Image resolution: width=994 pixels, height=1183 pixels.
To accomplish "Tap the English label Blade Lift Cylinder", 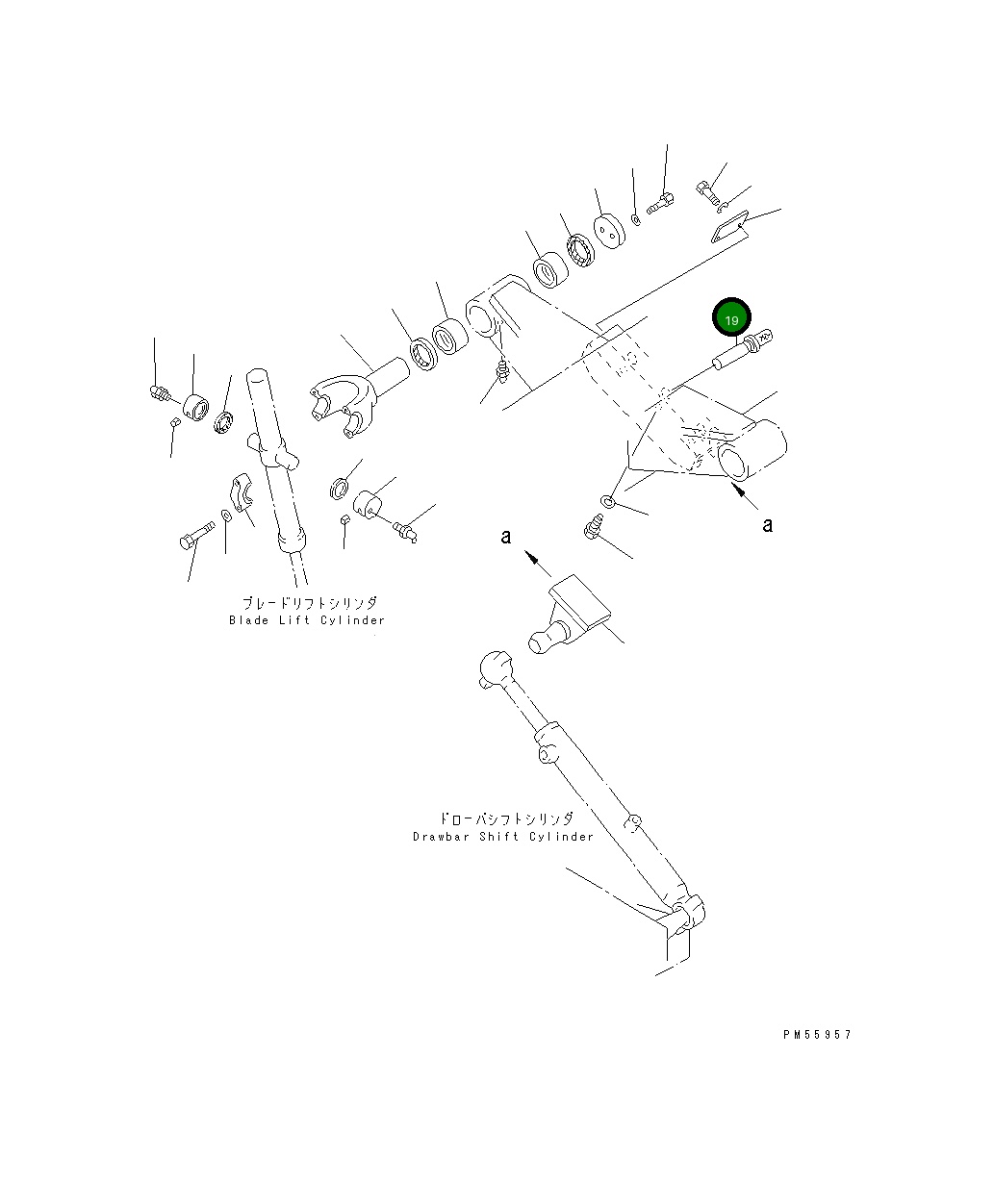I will click(306, 620).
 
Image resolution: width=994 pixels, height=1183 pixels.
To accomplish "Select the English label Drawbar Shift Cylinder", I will click(503, 837).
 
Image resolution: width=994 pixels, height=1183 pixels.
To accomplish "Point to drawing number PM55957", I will click(817, 1035).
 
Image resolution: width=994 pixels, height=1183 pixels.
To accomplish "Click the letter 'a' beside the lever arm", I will click(767, 525).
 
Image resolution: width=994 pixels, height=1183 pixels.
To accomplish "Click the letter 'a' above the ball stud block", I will click(506, 537).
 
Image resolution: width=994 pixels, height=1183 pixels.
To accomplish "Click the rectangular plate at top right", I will click(729, 227).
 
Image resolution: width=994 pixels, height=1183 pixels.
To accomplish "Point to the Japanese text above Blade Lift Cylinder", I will click(309, 603).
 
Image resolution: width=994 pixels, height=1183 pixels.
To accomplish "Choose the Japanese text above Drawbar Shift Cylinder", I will click(505, 819).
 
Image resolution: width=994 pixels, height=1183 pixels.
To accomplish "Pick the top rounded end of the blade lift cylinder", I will click(258, 378).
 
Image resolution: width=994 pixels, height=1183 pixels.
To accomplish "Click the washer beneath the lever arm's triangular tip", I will click(609, 501).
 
